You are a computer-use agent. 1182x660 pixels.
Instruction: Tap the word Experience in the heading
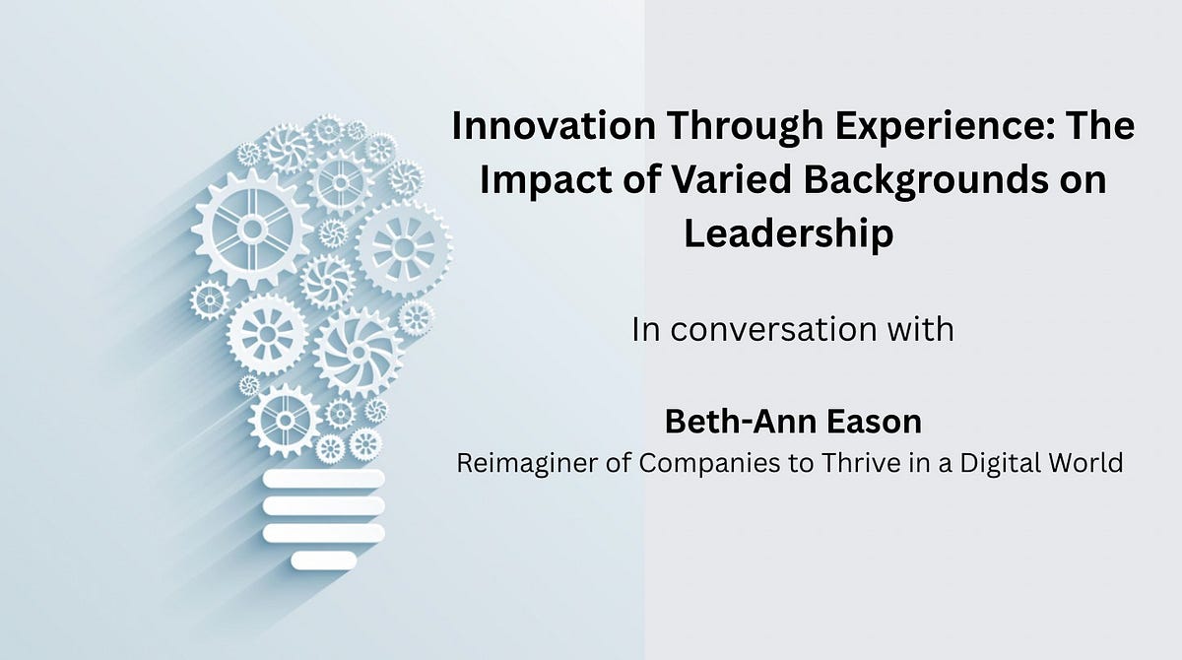point(940,128)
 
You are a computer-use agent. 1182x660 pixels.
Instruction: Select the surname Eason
point(877,422)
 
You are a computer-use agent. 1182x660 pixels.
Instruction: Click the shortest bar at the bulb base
point(324,560)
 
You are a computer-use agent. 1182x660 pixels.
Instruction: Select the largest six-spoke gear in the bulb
point(251,229)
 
